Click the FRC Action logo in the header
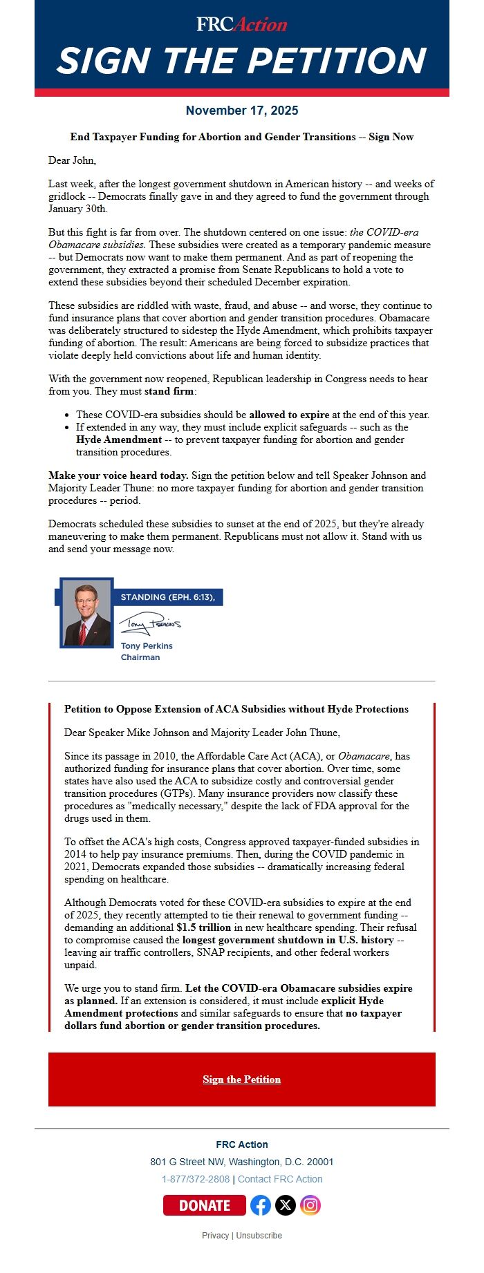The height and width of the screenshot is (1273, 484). [x=241, y=25]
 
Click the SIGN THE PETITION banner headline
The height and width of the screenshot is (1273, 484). [x=241, y=61]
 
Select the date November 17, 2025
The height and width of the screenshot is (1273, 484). [x=242, y=111]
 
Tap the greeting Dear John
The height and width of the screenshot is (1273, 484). [x=72, y=160]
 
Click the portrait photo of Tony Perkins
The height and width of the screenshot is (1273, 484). [x=87, y=613]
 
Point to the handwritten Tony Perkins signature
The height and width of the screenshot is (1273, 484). [x=149, y=623]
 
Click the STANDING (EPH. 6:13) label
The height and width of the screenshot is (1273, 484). [x=167, y=597]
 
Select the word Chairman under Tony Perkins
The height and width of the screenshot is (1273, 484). [x=140, y=657]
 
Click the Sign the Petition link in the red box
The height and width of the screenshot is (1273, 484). [x=242, y=1079]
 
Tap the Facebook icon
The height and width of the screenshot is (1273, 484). [x=261, y=1205]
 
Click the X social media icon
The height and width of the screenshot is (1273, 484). [x=286, y=1205]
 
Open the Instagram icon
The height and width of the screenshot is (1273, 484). [x=310, y=1205]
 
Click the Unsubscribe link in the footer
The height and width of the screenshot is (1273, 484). [x=259, y=1235]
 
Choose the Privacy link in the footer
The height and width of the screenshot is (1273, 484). [x=215, y=1235]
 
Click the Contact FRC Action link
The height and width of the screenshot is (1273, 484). [x=280, y=1179]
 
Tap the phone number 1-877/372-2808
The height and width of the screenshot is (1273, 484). [x=196, y=1179]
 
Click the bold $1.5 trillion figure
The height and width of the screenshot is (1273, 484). [x=203, y=927]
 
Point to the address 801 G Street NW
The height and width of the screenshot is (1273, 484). [x=241, y=1162]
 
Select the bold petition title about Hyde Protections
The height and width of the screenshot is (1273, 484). [x=236, y=709]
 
